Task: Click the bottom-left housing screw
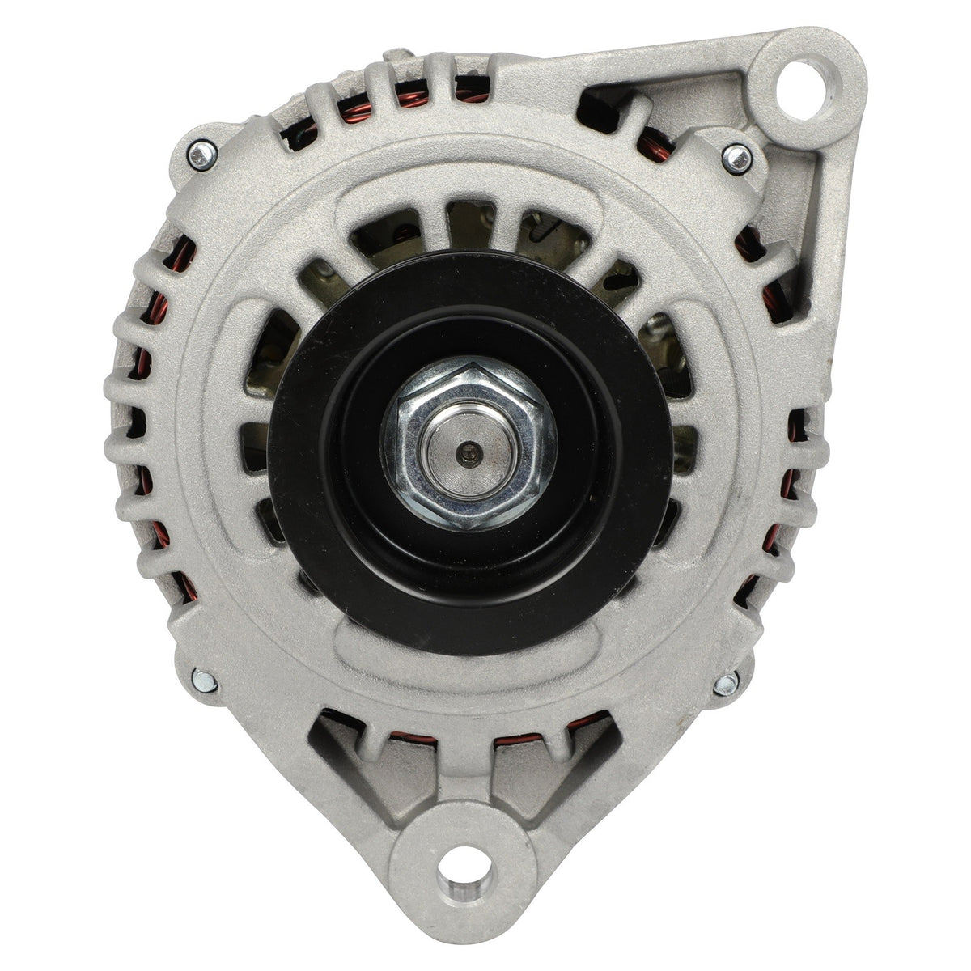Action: point(204,680)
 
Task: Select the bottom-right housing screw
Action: point(726,684)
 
